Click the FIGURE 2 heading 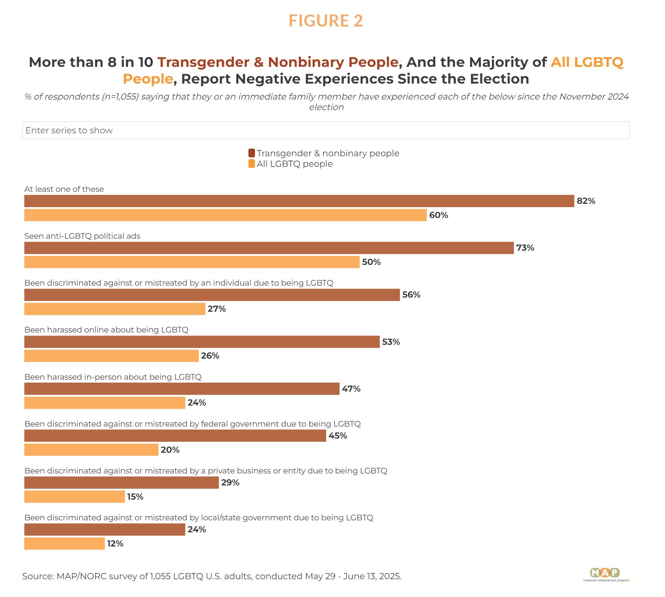tap(325, 21)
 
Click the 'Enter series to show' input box tap(325, 130)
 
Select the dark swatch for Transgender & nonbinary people tap(251, 153)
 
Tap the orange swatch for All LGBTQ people tap(251, 164)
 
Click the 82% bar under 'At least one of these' tap(299, 201)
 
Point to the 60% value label tap(438, 215)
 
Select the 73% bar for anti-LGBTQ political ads tap(269, 248)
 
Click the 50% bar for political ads tap(192, 262)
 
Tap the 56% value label tap(411, 295)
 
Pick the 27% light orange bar tap(115, 309)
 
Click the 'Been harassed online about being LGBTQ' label tap(106, 330)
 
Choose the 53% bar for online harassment tap(202, 342)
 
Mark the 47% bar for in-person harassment tap(182, 389)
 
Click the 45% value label tap(338, 436)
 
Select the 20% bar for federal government tap(91, 450)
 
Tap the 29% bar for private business tap(121, 483)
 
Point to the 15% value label tap(135, 497)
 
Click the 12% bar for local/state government tap(64, 544)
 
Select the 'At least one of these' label tap(64, 189)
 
